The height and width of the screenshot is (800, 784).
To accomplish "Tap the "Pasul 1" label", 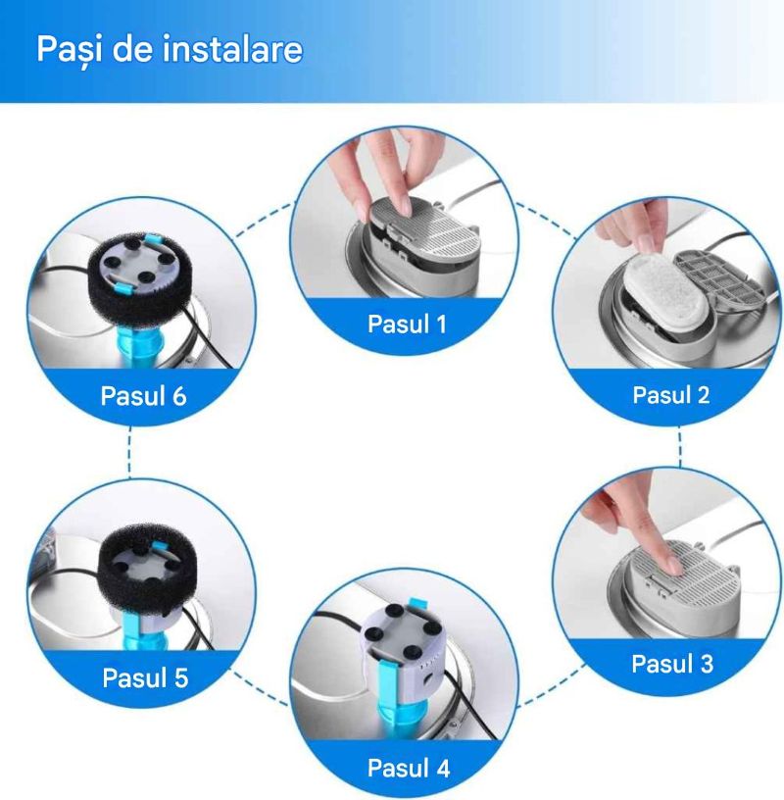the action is (x=407, y=324).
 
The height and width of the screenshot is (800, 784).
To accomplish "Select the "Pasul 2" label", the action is (x=671, y=394).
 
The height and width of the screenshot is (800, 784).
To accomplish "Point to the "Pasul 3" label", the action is (x=672, y=664).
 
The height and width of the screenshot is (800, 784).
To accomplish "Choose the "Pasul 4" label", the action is (x=409, y=768).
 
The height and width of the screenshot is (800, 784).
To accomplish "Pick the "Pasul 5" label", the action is (x=145, y=677).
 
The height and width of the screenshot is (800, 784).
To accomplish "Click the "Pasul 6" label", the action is (x=143, y=396).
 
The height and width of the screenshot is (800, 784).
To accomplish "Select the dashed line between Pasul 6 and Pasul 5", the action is (x=129, y=452).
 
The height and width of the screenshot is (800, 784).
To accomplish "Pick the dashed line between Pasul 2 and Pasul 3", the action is (x=680, y=448).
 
